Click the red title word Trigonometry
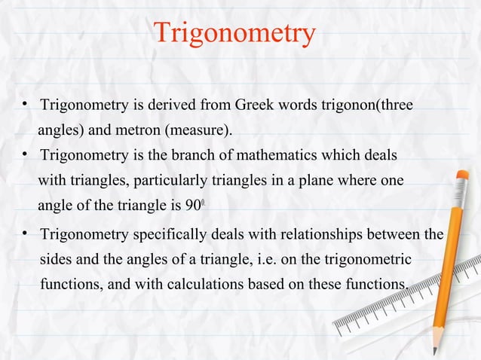point(234,34)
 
